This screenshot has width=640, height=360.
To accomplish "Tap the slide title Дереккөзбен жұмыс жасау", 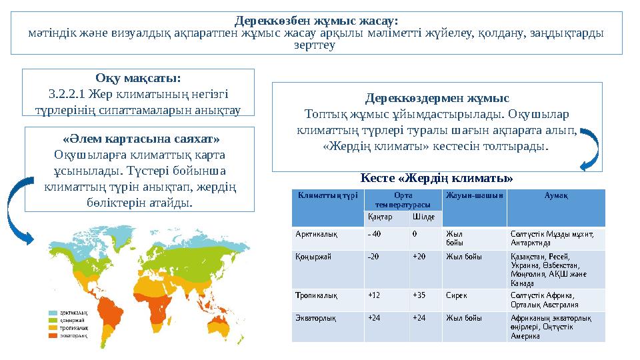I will (x=317, y=21).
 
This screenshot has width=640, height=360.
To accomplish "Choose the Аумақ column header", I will (x=556, y=195).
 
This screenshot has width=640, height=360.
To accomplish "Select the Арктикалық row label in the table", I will (x=317, y=234).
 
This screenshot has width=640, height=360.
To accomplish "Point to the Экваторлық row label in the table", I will (x=316, y=318).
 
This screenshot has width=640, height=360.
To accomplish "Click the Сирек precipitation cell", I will (x=457, y=294).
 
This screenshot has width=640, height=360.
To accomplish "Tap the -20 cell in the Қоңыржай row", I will (x=374, y=256).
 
